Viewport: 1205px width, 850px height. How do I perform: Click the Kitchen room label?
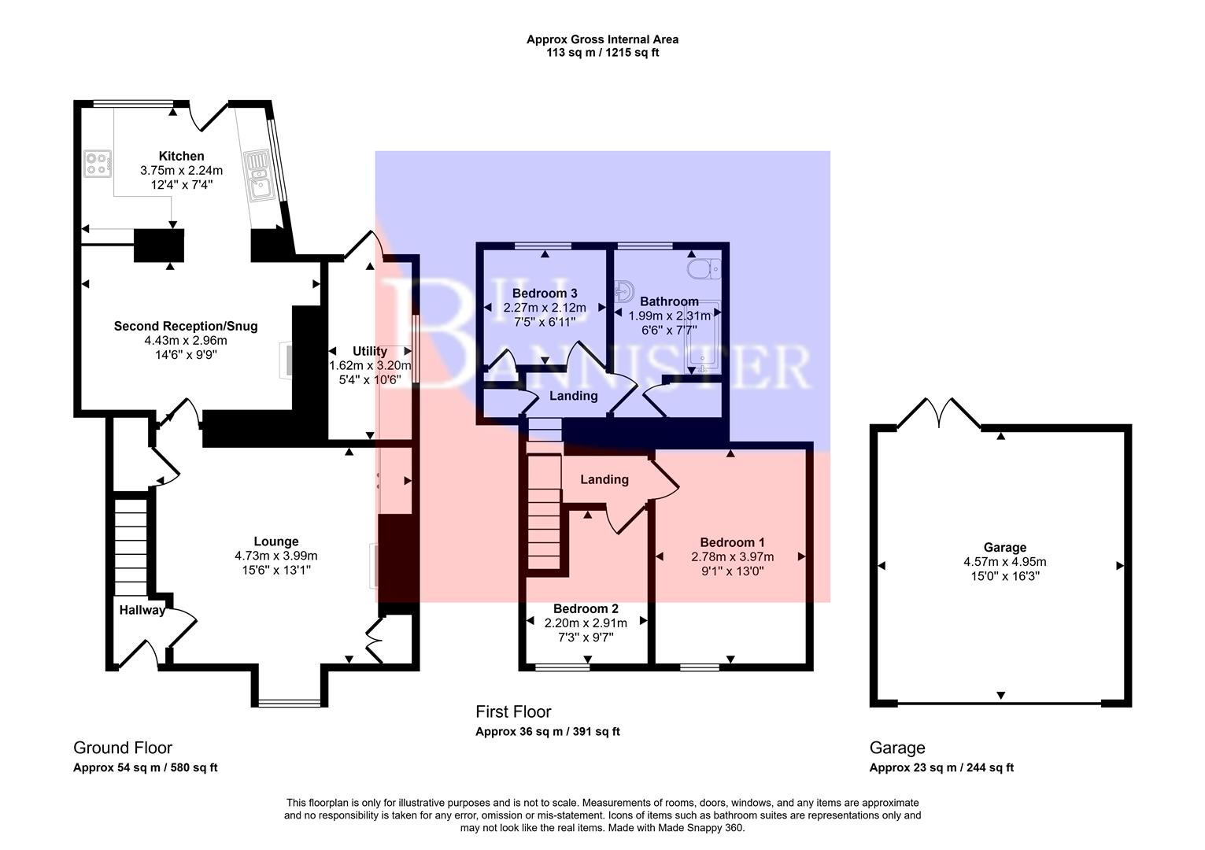pos(181,156)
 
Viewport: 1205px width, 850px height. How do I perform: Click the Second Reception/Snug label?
pos(185,326)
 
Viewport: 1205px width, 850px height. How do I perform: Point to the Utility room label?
pos(369,351)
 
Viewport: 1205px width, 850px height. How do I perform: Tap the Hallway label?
pos(142,610)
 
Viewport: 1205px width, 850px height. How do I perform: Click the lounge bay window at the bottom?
pos(289,703)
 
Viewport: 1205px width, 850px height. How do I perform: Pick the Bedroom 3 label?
pos(544,293)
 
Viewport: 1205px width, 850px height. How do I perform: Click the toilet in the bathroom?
pos(703,269)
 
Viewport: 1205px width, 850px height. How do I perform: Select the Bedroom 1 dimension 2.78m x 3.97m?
pos(732,556)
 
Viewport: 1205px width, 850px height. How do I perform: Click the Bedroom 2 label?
pos(586,608)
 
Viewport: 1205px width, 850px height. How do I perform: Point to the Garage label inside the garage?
pos(1004,548)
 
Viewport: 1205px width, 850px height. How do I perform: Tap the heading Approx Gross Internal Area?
pos(602,39)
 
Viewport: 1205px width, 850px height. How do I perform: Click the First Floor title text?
pos(513,711)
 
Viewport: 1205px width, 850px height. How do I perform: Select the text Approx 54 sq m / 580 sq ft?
pos(145,768)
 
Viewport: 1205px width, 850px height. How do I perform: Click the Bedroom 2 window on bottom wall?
pos(562,667)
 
